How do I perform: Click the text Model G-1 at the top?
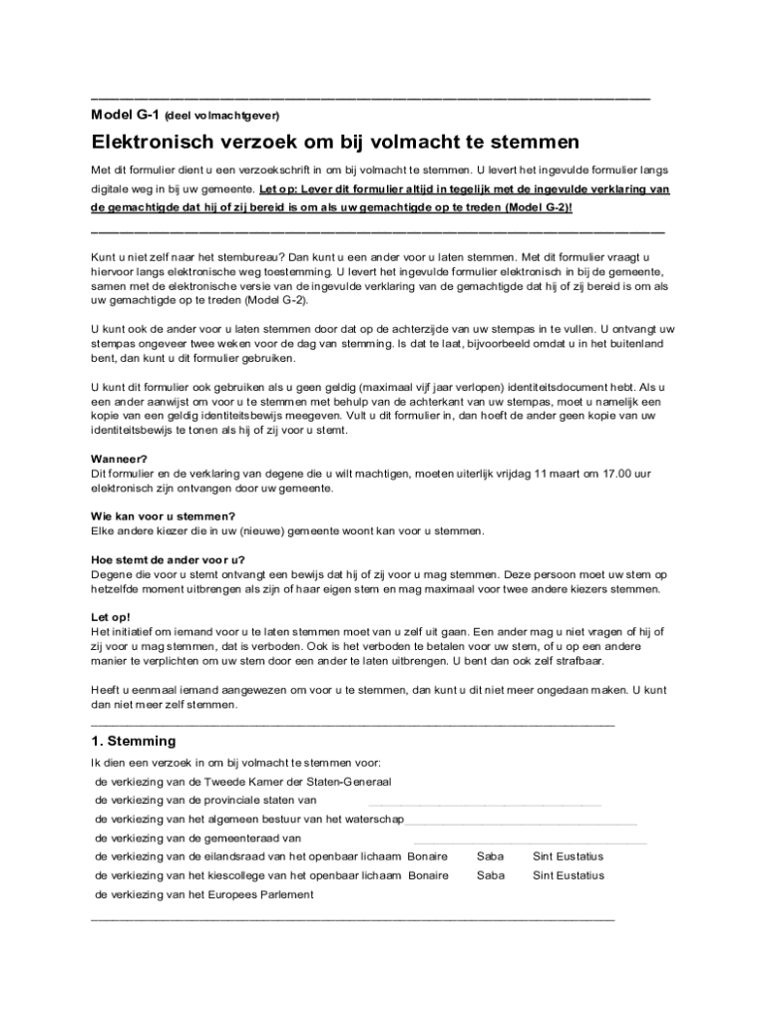124,114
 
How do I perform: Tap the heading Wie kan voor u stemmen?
163,515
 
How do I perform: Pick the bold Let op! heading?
111,617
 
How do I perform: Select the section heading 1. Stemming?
133,741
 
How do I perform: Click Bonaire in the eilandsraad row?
428,856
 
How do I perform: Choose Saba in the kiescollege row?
491,875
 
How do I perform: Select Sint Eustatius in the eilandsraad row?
568,856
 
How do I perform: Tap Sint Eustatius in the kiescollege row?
568,875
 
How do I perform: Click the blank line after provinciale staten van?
485,803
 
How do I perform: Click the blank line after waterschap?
521,823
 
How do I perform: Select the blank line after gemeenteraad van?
529,842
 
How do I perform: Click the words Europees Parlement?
267,894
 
